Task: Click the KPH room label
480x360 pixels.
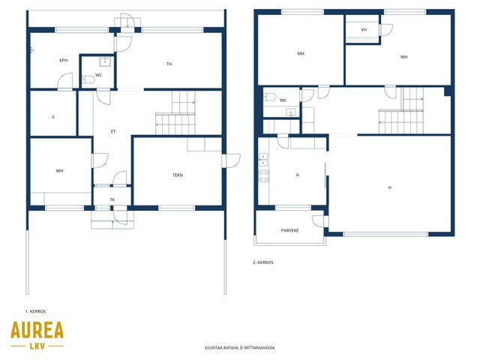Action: [x=64, y=60]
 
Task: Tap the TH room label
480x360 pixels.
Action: [x=169, y=64]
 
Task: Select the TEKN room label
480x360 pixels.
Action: [x=178, y=175]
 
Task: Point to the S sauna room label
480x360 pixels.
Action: [x=53, y=117]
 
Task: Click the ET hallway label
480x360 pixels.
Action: [x=113, y=132]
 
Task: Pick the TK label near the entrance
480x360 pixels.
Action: [x=112, y=199]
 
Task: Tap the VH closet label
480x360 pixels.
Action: [x=364, y=30]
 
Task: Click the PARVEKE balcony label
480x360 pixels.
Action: [x=289, y=230]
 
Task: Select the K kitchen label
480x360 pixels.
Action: [x=298, y=175]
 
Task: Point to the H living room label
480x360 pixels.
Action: [x=390, y=187]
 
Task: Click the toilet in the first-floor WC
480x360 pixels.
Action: [x=88, y=80]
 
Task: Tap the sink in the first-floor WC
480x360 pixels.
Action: [x=105, y=61]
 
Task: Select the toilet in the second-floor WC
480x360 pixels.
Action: [x=270, y=97]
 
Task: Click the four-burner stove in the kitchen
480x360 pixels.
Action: [x=263, y=175]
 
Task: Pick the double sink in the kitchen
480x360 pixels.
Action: [x=263, y=160]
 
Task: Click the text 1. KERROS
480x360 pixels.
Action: [x=35, y=311]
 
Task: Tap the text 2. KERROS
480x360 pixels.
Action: [x=263, y=262]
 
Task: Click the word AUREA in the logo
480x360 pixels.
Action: [x=37, y=330]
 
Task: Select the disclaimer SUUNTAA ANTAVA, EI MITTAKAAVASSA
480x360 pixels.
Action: [x=240, y=348]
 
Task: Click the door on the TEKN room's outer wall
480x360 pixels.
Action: [x=232, y=161]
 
